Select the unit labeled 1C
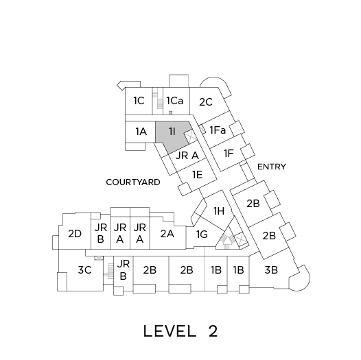click(x=139, y=101)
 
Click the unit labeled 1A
click(x=140, y=132)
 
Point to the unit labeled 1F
click(x=229, y=154)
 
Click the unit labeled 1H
click(x=218, y=211)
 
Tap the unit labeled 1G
click(x=202, y=235)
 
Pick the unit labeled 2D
click(x=74, y=233)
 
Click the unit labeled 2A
click(x=167, y=233)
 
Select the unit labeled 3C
click(x=84, y=270)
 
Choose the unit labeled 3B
click(x=272, y=270)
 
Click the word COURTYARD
click(x=133, y=182)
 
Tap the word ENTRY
click(x=272, y=167)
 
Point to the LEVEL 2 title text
click(x=180, y=331)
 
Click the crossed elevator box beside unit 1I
click(x=191, y=136)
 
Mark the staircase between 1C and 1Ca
click(x=157, y=101)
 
